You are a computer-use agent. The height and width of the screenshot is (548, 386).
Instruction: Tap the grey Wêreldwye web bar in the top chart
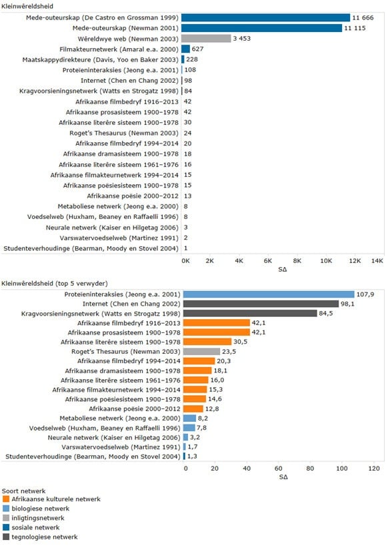tap(206, 39)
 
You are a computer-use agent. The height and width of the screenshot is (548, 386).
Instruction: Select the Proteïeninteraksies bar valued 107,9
tap(269, 294)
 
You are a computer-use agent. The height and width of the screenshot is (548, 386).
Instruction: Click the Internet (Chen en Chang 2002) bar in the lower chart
tap(261, 304)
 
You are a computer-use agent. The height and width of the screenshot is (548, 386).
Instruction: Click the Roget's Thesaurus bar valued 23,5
tap(202, 351)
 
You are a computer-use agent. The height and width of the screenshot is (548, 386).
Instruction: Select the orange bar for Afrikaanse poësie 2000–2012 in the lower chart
tap(193, 408)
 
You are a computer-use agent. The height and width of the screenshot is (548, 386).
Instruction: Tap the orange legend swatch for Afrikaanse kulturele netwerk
tap(6, 498)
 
